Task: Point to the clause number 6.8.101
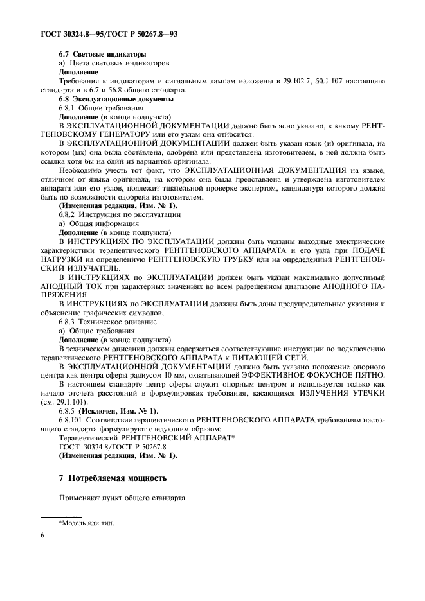[x=73, y=421]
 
